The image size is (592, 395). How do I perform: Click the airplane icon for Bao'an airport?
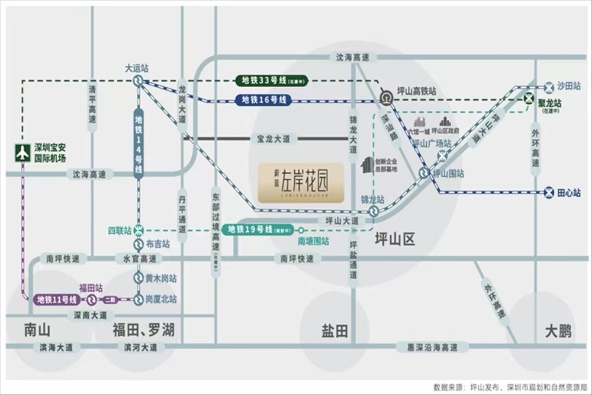pos(22,153)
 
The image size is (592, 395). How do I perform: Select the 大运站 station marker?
pos(138,81)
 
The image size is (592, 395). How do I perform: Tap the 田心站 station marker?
pos(549,193)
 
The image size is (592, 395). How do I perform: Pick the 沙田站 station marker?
pos(549,86)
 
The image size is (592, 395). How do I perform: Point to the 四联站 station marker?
pos(139,230)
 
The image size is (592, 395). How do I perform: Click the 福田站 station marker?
pos(92,300)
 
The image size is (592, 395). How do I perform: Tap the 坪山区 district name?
pos(395,240)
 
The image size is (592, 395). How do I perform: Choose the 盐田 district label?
pos(334,331)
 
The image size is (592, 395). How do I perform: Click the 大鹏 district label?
pos(558,331)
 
